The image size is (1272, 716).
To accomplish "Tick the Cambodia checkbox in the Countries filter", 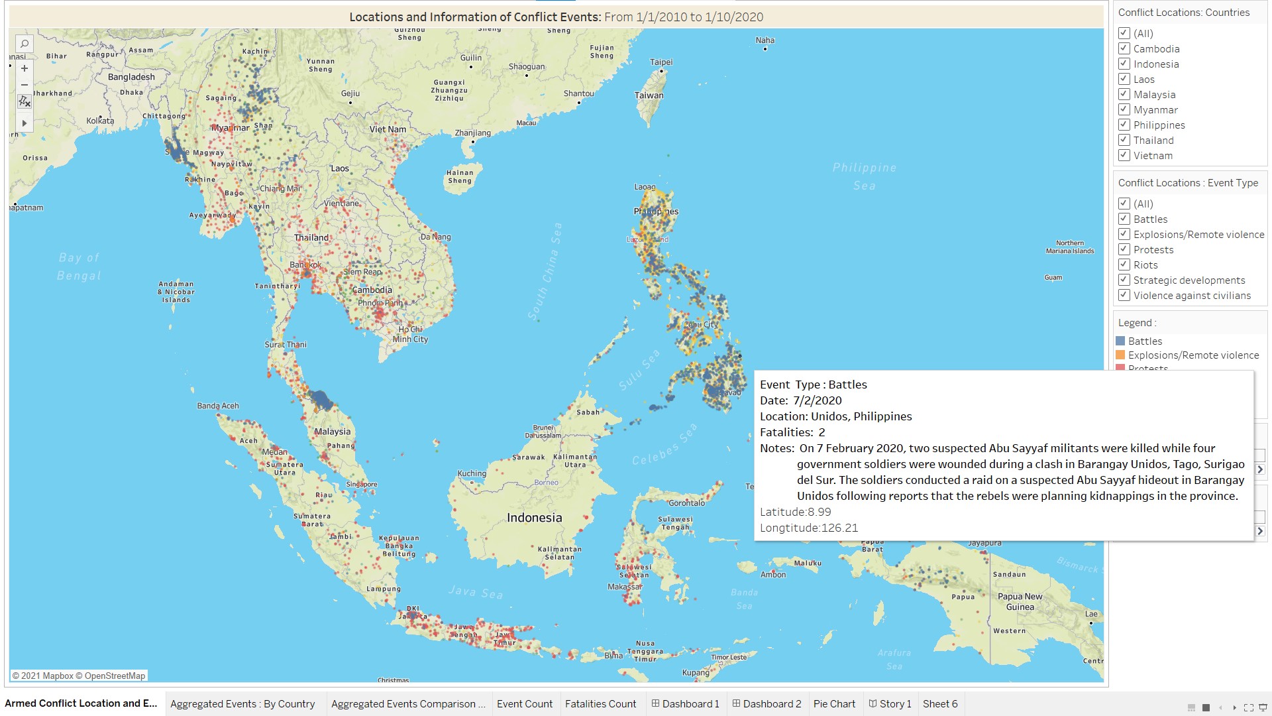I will pyautogui.click(x=1124, y=48).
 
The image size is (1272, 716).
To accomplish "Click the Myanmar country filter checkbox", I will pyautogui.click(x=1124, y=109).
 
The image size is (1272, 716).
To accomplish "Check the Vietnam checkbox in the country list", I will pyautogui.click(x=1124, y=155).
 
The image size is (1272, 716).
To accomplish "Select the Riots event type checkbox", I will pyautogui.click(x=1124, y=265).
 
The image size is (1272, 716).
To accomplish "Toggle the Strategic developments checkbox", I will pyautogui.click(x=1124, y=280).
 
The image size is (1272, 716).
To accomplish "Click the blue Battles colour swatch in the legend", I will pyautogui.click(x=1120, y=341).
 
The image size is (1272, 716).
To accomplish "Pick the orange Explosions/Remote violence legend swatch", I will pyautogui.click(x=1120, y=355).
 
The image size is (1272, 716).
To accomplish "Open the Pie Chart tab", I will pyautogui.click(x=834, y=703).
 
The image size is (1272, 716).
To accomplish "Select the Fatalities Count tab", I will pyautogui.click(x=600, y=703).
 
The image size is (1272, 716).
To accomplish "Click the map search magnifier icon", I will pyautogui.click(x=25, y=44).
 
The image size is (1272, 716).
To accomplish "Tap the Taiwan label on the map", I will pyautogui.click(x=649, y=95).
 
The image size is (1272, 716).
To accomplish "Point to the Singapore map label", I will pyautogui.click(x=362, y=484).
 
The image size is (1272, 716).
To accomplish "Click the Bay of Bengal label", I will pyautogui.click(x=79, y=266).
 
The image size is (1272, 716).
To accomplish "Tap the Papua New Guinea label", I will pyautogui.click(x=1020, y=601).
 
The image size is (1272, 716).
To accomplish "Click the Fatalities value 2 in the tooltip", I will pyautogui.click(x=821, y=432).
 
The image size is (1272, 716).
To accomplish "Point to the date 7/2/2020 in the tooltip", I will pyautogui.click(x=817, y=400).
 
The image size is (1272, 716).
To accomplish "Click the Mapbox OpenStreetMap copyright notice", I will pyautogui.click(x=79, y=676).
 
